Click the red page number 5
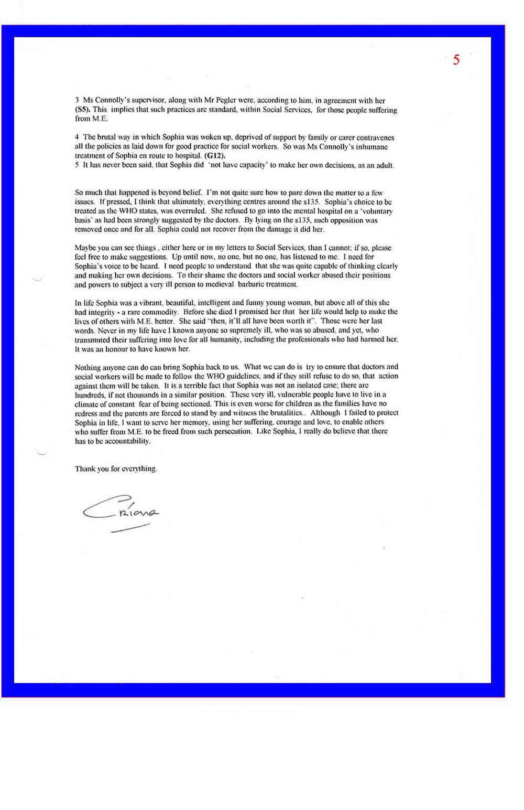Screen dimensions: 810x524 pos(456,60)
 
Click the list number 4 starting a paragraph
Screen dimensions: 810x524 pos(77,137)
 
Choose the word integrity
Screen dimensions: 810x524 pos(102,312)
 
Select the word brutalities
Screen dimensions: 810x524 pos(283,413)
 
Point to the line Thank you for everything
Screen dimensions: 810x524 pos(116,468)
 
